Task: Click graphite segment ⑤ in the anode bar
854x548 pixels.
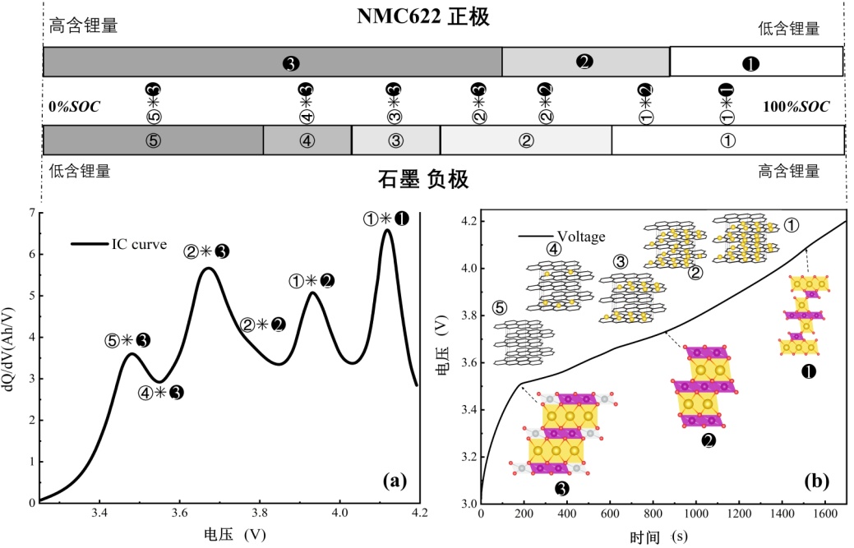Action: coord(153,140)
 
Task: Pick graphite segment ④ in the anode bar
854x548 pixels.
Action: coord(307,140)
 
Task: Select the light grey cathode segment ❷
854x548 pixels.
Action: coord(585,62)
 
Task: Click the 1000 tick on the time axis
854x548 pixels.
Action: coord(695,514)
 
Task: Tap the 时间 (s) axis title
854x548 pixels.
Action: coord(658,536)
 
